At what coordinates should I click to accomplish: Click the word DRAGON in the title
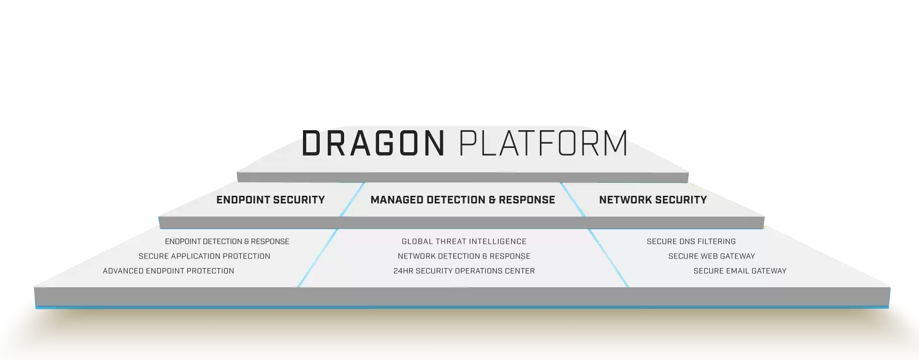coord(373,143)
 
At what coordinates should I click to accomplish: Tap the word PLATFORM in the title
coord(543,143)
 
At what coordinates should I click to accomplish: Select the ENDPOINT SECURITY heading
coord(270,200)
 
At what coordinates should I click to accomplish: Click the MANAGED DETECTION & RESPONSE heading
coord(463,200)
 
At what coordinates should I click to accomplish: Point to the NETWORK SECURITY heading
coord(653,200)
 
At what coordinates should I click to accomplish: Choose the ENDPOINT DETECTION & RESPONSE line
coord(227,242)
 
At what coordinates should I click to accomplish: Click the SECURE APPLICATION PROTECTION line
coord(204,256)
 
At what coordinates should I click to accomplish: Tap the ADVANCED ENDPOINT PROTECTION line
coord(168,271)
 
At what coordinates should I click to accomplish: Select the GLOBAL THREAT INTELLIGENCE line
coord(464,242)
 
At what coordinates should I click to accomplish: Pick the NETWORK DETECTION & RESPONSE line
coord(464,256)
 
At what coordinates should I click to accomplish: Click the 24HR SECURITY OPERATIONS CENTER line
coord(464,271)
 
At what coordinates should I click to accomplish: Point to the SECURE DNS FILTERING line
coord(691,242)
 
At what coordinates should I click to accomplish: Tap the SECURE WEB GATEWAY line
coord(712,256)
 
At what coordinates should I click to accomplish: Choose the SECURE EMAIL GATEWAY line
coord(740,271)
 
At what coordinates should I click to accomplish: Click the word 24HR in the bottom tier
coord(403,271)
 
